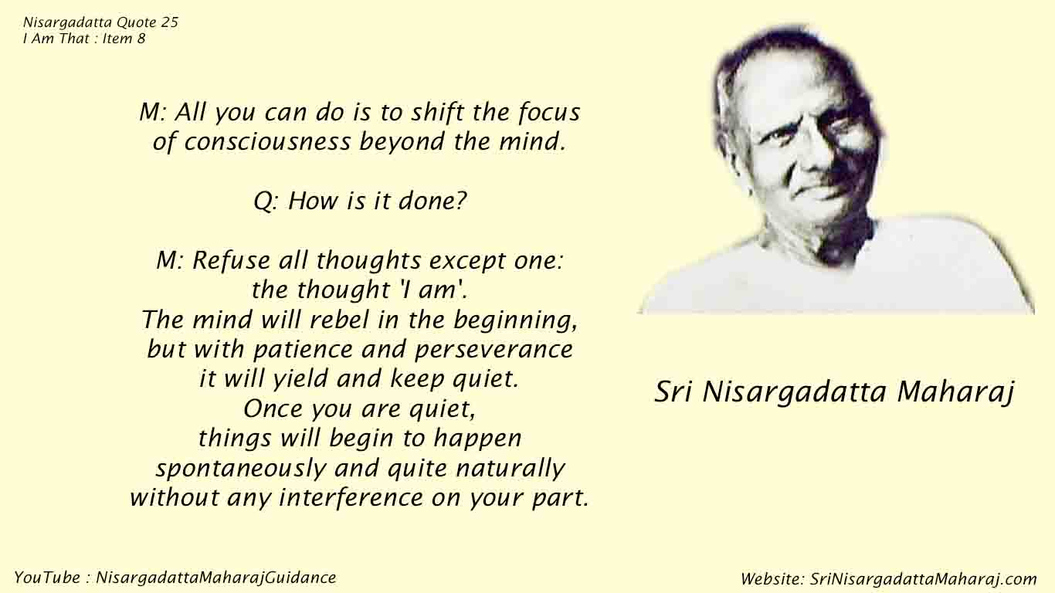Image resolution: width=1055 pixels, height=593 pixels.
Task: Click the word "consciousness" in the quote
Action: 267,141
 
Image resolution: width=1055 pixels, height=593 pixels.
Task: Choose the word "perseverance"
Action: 494,350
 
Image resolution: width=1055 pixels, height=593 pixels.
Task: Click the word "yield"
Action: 300,379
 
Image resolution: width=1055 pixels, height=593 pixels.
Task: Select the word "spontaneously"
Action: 241,468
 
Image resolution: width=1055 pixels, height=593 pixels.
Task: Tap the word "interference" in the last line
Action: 351,497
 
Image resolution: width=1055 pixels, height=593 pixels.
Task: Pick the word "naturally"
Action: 511,468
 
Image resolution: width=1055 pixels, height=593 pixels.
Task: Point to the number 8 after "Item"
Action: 141,38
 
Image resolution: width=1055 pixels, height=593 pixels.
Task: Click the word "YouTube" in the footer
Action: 47,578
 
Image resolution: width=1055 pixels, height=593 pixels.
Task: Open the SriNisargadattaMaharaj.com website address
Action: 923,579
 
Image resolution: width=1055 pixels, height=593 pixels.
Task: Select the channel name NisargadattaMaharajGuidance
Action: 216,578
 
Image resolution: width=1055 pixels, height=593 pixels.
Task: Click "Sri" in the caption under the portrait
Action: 673,392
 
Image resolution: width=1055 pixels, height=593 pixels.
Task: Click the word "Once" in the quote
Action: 273,408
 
